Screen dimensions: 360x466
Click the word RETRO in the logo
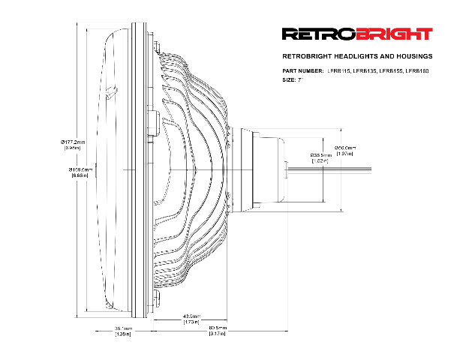point(311,34)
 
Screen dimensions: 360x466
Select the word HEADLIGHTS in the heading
point(342,56)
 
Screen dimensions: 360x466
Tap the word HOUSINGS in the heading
point(412,56)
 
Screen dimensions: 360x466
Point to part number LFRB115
point(339,70)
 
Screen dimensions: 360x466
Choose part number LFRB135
point(365,70)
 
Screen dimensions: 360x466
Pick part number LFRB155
point(390,70)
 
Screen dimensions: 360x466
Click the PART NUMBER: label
point(302,70)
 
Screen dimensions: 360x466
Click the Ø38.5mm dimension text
point(321,154)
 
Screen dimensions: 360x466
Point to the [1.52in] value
point(320,160)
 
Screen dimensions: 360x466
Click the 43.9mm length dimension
point(191,316)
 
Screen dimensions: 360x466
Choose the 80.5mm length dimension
point(218,328)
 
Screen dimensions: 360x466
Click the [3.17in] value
point(218,334)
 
